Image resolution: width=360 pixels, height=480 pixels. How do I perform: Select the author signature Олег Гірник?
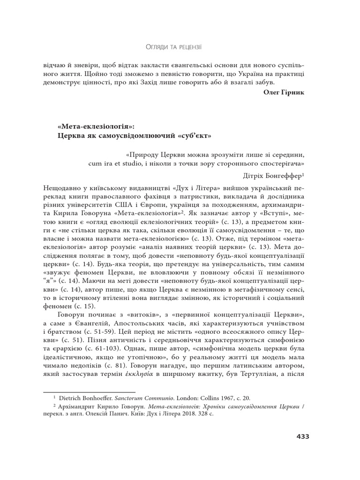pyautogui.click(x=284, y=92)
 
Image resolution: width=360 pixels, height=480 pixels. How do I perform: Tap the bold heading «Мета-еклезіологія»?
pyautogui.click(x=96, y=127)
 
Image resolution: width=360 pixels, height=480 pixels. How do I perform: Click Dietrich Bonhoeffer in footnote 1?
pyautogui.click(x=82, y=397)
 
